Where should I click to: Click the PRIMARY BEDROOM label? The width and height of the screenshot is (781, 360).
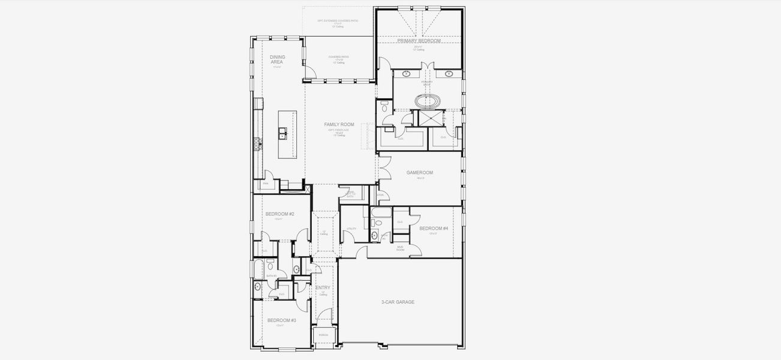[419, 41]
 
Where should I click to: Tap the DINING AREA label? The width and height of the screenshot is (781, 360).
[277, 59]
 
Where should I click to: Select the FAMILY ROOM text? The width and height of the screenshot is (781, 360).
[339, 125]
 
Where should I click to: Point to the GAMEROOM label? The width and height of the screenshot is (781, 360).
[419, 172]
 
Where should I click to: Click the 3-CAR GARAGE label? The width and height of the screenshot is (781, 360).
[398, 302]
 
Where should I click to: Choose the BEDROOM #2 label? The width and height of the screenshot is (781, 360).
[280, 214]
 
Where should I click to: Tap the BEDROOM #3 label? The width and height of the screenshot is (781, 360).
[281, 320]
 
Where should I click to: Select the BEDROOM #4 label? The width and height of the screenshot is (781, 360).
[434, 229]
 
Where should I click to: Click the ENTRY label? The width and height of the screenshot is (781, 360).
[323, 288]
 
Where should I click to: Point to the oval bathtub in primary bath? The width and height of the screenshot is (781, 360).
[427, 100]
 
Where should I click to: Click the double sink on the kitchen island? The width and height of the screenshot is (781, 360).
[282, 133]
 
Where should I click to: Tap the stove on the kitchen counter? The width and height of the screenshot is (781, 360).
[257, 143]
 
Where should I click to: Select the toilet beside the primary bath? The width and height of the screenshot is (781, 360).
[384, 109]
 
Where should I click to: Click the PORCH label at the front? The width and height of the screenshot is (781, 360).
[323, 335]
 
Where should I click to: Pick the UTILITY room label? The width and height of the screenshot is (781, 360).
[352, 229]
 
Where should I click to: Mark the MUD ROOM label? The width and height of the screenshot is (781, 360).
[400, 247]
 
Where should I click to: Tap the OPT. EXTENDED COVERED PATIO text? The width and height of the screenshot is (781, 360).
[338, 21]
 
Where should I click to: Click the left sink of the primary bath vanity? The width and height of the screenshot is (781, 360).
[407, 74]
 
